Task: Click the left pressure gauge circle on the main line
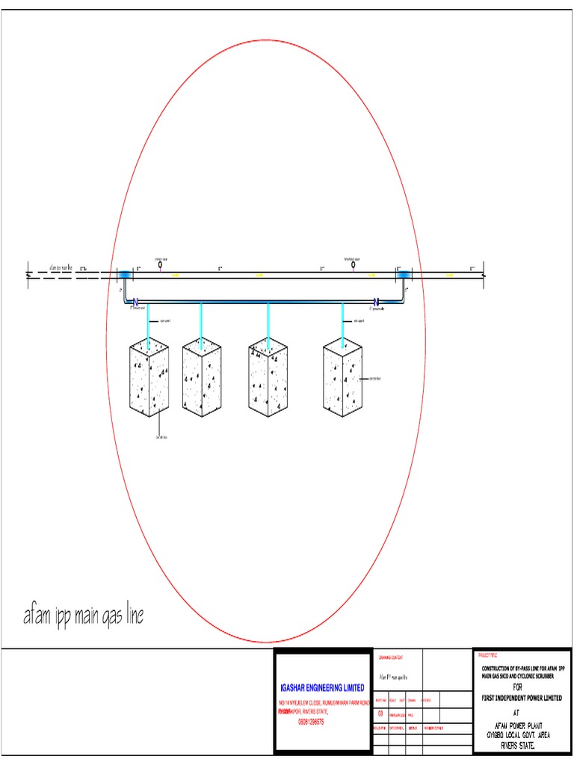coord(160,263)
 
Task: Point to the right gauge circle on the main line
coord(353,263)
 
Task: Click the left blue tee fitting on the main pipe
coord(124,275)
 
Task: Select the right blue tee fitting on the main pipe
coord(404,275)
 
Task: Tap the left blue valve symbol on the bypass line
coord(136,302)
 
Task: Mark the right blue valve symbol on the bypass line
coord(377,302)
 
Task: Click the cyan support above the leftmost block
coord(149,321)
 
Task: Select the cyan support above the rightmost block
coord(342,321)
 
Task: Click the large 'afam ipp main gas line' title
coord(83,617)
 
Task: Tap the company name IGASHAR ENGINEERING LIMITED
coord(323,687)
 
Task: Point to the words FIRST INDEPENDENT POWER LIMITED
coord(522,697)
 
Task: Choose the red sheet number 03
coord(380,714)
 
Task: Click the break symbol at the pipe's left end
coord(28,275)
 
